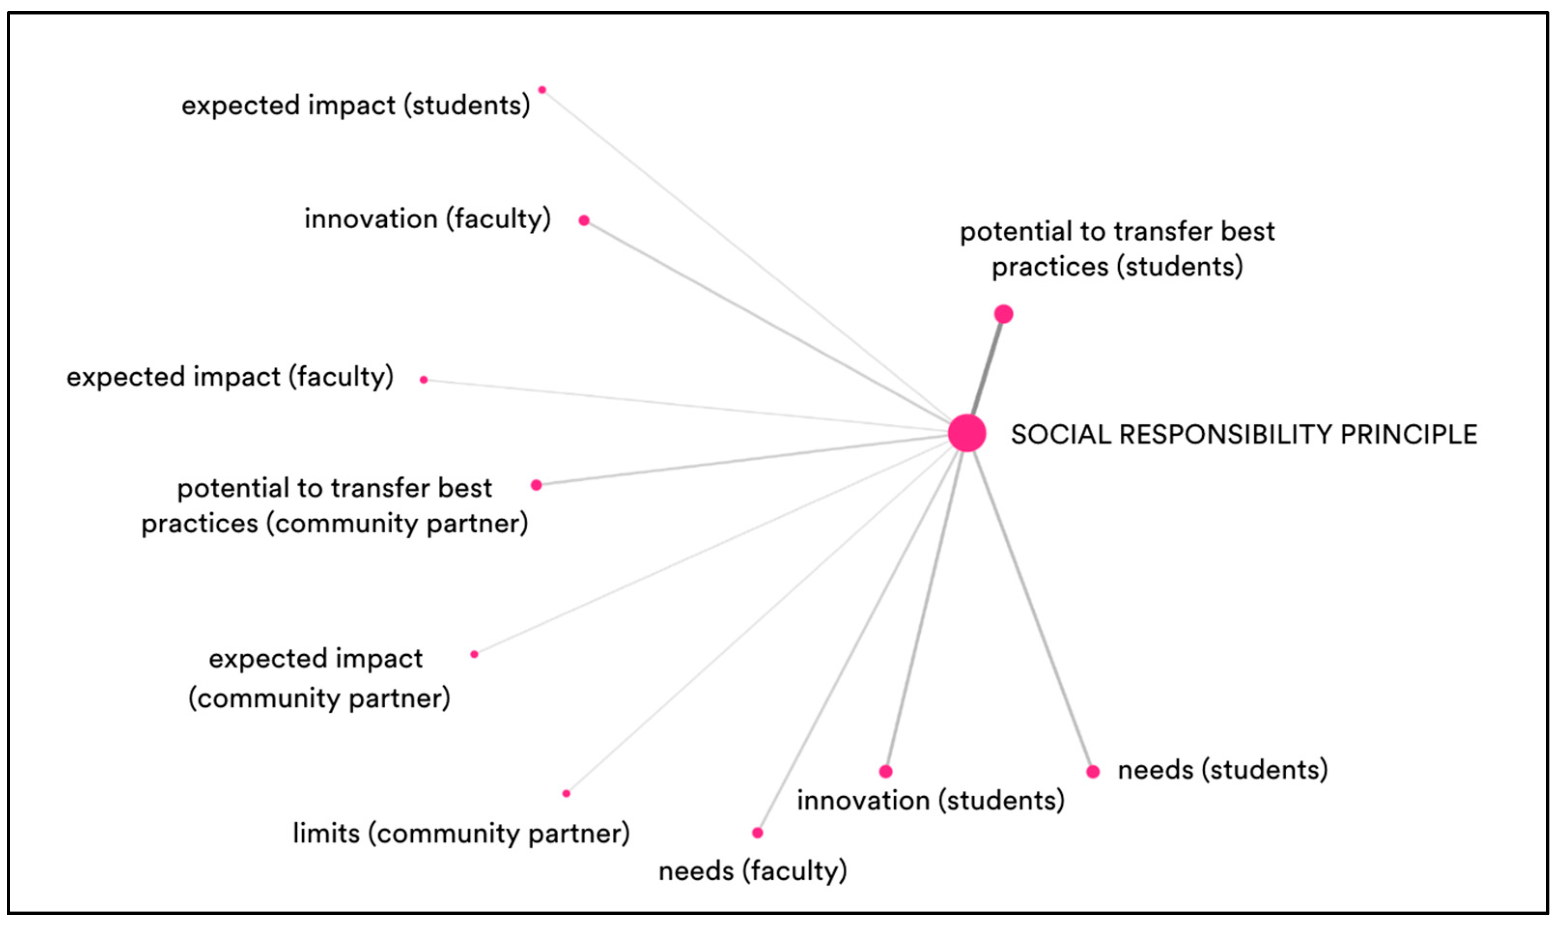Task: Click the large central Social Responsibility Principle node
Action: tap(967, 433)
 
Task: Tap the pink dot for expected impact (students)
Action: tap(542, 90)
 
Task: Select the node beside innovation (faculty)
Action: tap(584, 220)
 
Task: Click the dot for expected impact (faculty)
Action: tap(423, 379)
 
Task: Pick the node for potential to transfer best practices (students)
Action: tap(1003, 314)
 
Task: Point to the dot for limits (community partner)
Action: tap(566, 793)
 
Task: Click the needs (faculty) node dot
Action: tap(758, 833)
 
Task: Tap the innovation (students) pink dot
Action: tap(886, 772)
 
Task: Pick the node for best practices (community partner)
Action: tap(536, 485)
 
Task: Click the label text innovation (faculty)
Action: tap(427, 219)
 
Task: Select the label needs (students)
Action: tap(1223, 770)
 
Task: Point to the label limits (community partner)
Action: tap(461, 833)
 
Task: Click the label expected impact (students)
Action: tap(355, 105)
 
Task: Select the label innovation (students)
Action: tap(930, 800)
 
